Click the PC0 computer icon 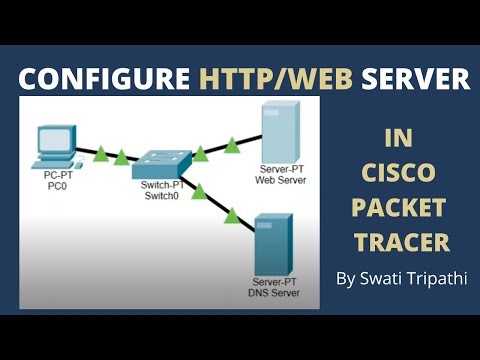point(55,145)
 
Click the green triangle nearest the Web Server point(232,146)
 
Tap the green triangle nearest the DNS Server point(232,213)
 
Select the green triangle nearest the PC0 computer point(100,153)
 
